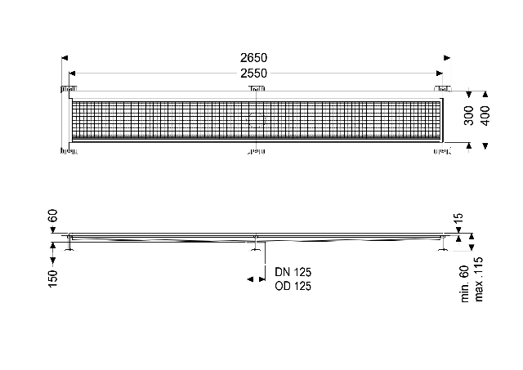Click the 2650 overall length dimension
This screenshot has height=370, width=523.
click(x=253, y=58)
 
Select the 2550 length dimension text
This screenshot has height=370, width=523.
click(x=253, y=74)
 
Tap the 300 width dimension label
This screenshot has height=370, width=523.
click(x=468, y=115)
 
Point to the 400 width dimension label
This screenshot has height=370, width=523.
click(x=486, y=115)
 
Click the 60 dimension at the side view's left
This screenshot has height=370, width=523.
click(x=53, y=216)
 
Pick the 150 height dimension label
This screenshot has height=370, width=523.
click(x=53, y=279)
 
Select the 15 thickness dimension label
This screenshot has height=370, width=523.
click(x=459, y=217)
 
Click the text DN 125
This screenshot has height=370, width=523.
click(x=293, y=272)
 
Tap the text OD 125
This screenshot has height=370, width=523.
click(x=293, y=286)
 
